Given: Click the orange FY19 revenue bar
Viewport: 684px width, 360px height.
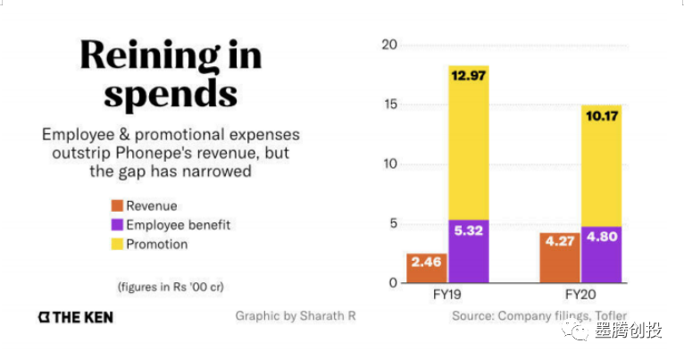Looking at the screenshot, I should pyautogui.click(x=427, y=268).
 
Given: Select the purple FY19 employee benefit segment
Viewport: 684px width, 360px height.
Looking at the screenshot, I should pyautogui.click(x=469, y=251).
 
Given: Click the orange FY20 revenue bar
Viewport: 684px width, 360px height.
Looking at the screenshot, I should pyautogui.click(x=560, y=257).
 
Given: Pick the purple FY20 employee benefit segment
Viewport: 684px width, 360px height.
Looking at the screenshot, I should pyautogui.click(x=602, y=255).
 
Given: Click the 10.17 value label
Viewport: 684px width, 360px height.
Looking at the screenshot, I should pyautogui.click(x=602, y=116).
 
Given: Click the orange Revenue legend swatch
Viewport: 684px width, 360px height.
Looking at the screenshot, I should pyautogui.click(x=115, y=206).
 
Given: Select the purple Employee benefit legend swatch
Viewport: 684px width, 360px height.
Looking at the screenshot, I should pyautogui.click(x=115, y=225).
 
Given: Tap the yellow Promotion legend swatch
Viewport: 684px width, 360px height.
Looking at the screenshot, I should pyautogui.click(x=115, y=244).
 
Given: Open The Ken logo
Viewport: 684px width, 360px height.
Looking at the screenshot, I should pyautogui.click(x=76, y=317).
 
